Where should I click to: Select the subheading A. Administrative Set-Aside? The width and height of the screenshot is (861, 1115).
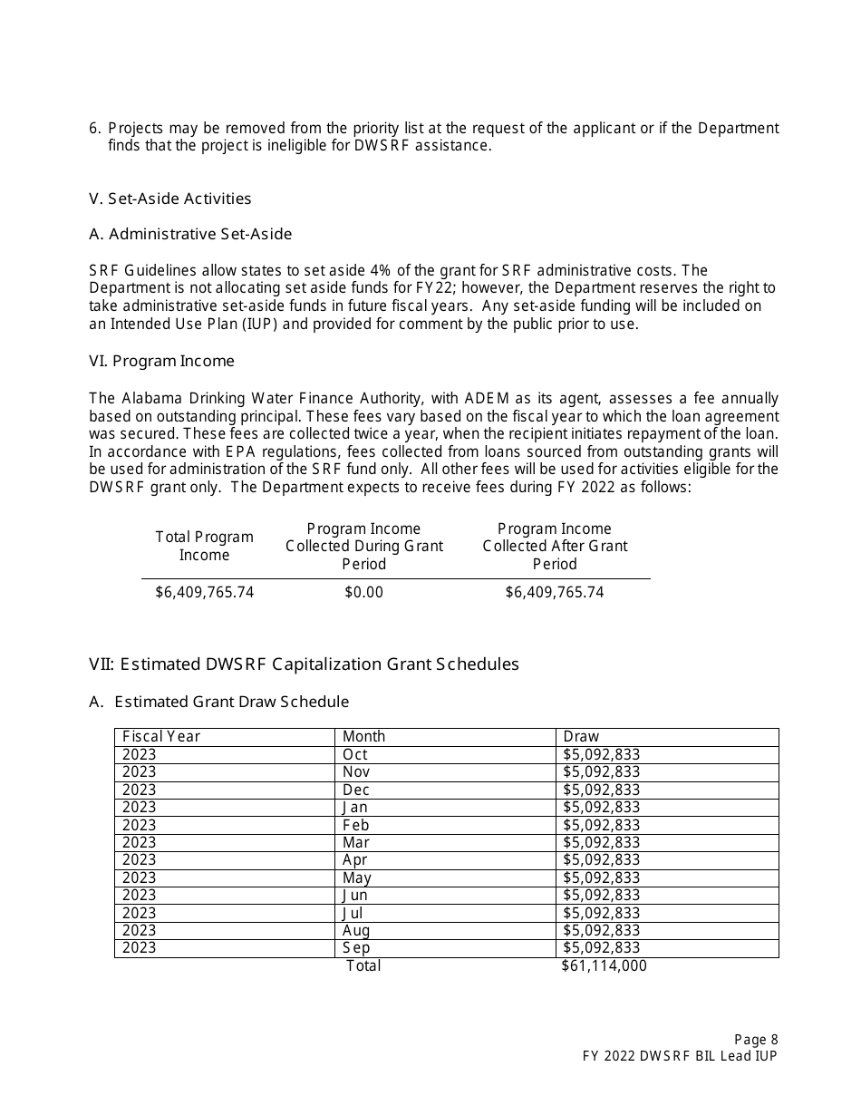190,234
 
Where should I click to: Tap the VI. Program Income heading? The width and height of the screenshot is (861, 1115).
161,361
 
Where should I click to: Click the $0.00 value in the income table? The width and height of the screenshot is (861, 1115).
363,592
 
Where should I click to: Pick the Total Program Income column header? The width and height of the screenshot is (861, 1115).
204,546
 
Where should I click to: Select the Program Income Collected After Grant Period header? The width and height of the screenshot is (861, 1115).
555,546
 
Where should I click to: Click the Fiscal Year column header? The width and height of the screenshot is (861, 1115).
161,736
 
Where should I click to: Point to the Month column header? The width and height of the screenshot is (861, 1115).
363,736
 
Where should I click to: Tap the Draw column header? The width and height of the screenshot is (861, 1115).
581,736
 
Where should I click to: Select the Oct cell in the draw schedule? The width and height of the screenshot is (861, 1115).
355,754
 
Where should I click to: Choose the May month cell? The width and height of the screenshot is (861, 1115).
356,877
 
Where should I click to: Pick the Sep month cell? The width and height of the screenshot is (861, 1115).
356,947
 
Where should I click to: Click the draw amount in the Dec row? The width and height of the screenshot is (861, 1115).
601,790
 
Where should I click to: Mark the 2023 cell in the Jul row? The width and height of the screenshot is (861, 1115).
139,913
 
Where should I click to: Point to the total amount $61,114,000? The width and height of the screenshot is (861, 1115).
604,965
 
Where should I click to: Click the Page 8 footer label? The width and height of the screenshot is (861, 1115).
755,1040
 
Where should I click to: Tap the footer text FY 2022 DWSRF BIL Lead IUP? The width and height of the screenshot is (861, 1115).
680,1056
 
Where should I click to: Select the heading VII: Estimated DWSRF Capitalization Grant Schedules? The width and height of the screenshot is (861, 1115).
304,664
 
